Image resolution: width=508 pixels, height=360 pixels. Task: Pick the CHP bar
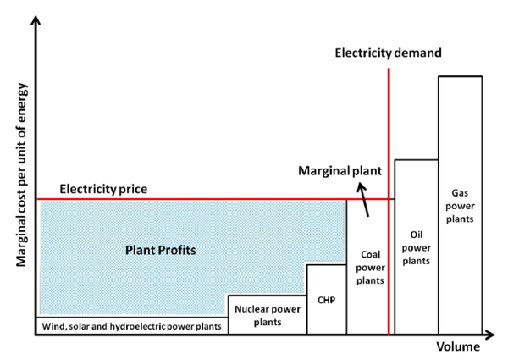tap(326, 298)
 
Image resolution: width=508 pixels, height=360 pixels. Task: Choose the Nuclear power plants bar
tap(267, 314)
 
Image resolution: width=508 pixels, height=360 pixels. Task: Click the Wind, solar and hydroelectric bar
tap(131, 325)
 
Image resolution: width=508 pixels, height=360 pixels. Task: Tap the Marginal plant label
tap(340, 170)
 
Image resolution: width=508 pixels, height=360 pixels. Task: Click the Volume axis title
tap(458, 347)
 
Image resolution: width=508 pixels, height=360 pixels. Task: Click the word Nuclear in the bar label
tap(252, 309)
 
